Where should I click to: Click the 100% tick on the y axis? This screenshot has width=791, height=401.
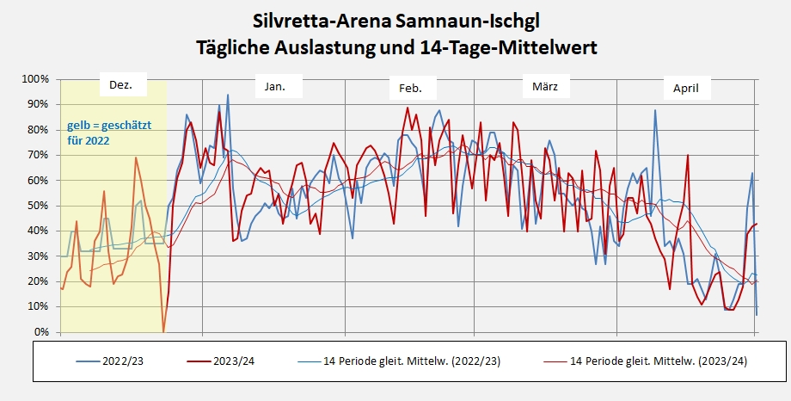(x=34, y=79)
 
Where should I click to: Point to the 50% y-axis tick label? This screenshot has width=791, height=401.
(x=37, y=206)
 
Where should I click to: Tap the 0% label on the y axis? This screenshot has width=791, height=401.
(x=40, y=332)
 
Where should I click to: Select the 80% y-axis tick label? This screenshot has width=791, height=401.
(x=37, y=130)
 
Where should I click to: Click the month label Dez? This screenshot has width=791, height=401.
(x=122, y=86)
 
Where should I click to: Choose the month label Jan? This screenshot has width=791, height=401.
(x=275, y=87)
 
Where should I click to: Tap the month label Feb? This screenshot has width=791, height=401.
(x=411, y=89)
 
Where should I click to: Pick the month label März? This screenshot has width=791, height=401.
(x=545, y=87)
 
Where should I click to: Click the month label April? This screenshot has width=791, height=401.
(x=685, y=89)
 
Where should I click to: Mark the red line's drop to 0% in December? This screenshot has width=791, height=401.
(x=163, y=330)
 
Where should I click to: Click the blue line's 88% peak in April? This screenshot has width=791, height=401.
(x=655, y=110)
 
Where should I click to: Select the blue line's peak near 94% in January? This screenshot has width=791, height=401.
(x=228, y=95)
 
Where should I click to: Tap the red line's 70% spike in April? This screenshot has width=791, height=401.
(x=688, y=156)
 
